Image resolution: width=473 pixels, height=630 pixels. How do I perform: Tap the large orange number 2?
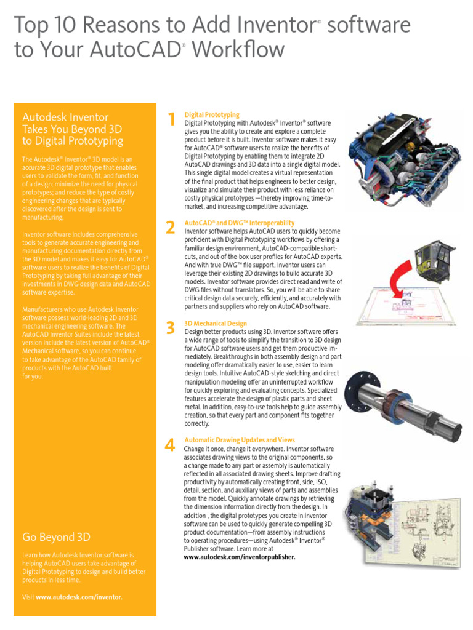171,228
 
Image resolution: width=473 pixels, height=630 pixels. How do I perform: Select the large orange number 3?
171,328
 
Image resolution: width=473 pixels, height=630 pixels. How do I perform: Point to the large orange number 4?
171,445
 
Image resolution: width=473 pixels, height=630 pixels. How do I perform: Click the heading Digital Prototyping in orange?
212,115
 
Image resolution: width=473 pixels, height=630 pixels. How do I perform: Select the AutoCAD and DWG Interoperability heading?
240,223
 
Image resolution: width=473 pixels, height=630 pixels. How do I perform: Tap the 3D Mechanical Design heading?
216,323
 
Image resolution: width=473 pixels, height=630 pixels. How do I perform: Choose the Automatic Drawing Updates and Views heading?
240,440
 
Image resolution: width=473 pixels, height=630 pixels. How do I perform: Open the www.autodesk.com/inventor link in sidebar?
79,597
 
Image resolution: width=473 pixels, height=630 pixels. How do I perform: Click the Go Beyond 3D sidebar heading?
57,537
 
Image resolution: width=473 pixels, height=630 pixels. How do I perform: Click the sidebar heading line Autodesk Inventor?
65,117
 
